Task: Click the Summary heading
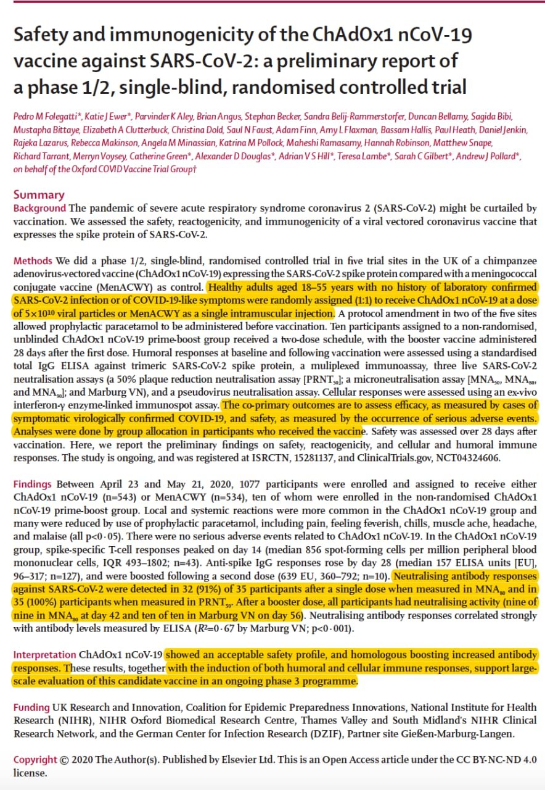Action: (x=39, y=195)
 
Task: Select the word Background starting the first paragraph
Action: (x=39, y=209)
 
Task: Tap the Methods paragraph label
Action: (x=33, y=261)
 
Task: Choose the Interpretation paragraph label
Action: (x=45, y=654)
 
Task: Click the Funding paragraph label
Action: (x=31, y=707)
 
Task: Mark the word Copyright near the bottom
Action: (x=36, y=760)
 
